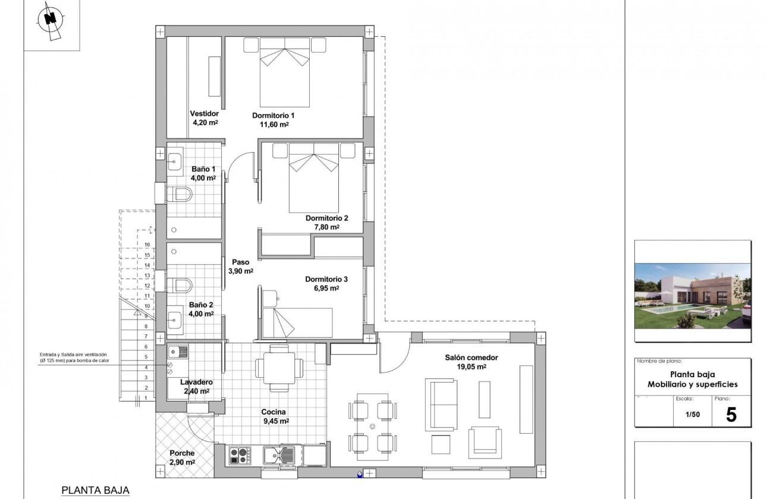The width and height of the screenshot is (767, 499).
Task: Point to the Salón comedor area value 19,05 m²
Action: [471, 367]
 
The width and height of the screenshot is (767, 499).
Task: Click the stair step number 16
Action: [146, 244]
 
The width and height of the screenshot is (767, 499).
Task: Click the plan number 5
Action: [731, 415]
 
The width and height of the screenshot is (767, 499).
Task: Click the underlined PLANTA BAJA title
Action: [95, 490]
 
